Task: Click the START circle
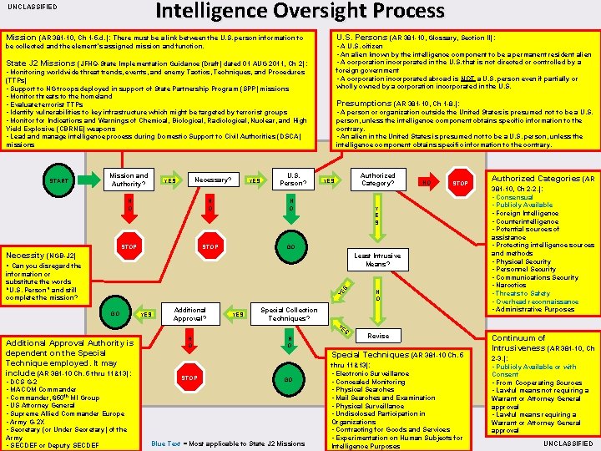click(58, 180)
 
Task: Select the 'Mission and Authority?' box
click(129, 180)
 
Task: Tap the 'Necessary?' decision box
click(213, 180)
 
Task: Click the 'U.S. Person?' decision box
click(293, 180)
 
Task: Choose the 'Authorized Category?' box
click(377, 180)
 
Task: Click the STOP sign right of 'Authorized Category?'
click(460, 180)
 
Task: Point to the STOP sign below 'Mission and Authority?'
click(129, 247)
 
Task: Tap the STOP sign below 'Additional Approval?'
click(190, 378)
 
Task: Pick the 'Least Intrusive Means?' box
click(376, 260)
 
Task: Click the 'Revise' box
click(378, 335)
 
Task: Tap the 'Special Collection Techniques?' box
click(290, 314)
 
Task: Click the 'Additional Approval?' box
click(190, 314)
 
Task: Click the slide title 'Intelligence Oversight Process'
click(300, 11)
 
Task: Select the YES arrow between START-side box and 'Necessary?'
click(169, 180)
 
